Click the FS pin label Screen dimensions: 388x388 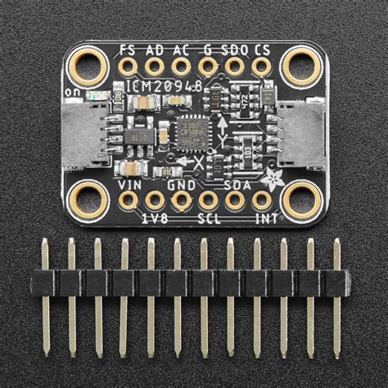point(128,49)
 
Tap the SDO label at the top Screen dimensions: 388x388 point(235,49)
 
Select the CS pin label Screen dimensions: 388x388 point(262,49)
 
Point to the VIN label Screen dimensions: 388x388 point(131,185)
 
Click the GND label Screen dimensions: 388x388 point(183,185)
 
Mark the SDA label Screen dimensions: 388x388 point(235,185)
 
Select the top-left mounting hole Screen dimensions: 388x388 point(86,65)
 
